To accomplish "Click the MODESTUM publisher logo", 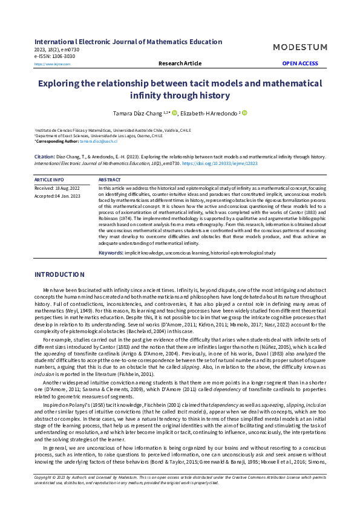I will pyautogui.click(x=300, y=47).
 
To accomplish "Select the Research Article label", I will pyautogui.click(x=180, y=63).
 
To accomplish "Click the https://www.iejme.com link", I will pyautogui.click(x=48, y=63).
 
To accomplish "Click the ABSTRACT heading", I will pyautogui.click(x=110, y=180).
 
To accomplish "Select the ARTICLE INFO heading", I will pyautogui.click(x=49, y=180).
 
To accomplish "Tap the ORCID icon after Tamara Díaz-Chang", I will pyautogui.click(x=174, y=113).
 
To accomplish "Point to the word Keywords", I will pyautogui.click(x=110, y=252).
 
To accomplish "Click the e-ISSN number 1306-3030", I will pyautogui.click(x=64, y=56).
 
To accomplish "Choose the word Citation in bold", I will pyautogui.click(x=45, y=157).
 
